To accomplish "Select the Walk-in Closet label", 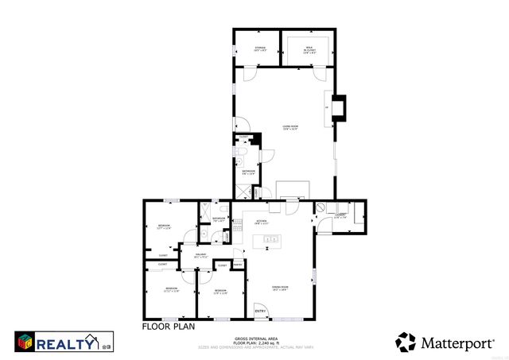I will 309,49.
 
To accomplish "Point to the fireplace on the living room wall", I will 339,108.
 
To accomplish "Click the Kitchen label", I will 262,222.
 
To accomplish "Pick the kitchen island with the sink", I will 270,239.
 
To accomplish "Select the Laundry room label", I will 340,215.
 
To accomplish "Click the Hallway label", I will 200,256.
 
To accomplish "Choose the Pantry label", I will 238,265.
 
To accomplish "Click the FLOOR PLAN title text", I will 167,326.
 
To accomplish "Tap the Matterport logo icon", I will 406,342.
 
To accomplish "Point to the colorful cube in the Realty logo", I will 25,342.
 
